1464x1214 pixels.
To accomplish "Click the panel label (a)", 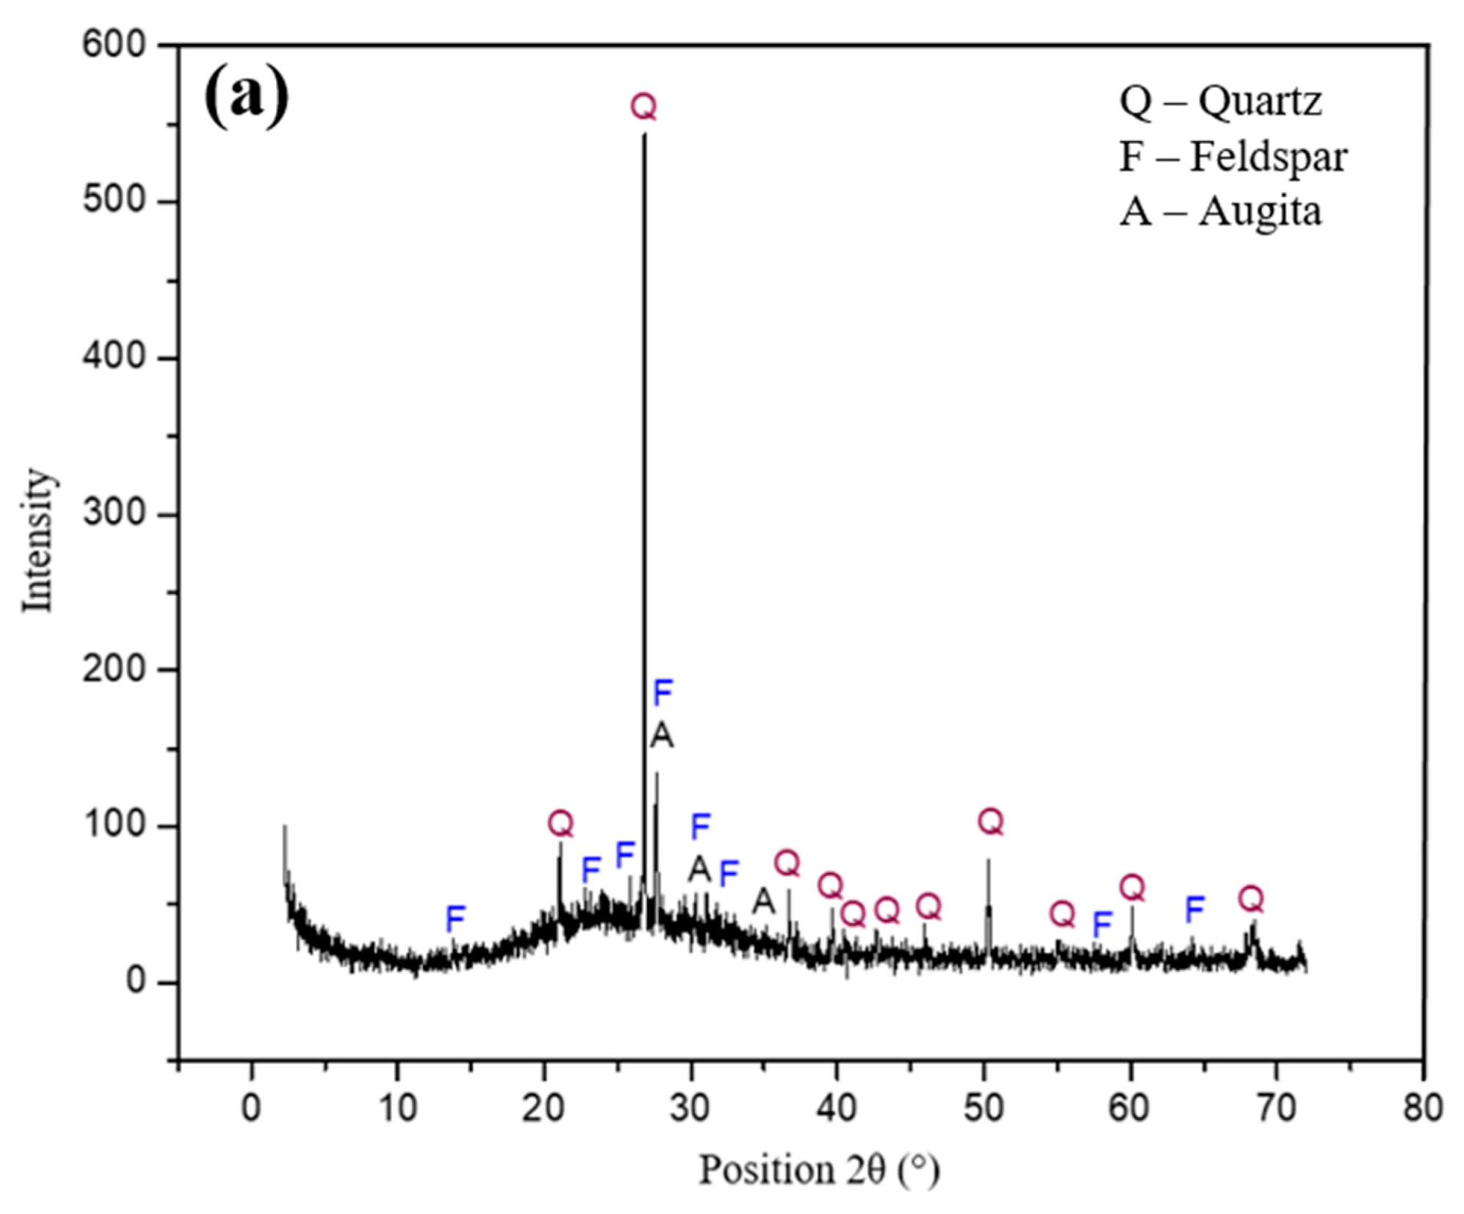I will [x=246, y=95].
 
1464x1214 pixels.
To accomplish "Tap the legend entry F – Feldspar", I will [x=1233, y=156].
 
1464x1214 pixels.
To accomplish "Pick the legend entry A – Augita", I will [x=1220, y=212].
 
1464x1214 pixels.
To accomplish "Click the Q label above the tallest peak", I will [x=643, y=107].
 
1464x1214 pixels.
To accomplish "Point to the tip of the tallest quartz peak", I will [x=644, y=135].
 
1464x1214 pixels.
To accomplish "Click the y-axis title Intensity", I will [x=37, y=540].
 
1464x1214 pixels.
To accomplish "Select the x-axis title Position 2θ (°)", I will [x=819, y=1169].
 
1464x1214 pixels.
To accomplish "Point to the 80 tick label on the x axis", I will [x=1422, y=1108].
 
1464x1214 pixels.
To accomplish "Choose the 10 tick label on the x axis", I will [x=397, y=1108].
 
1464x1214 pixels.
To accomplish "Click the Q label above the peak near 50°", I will [x=990, y=821].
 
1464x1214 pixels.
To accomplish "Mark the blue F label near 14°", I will [x=455, y=917].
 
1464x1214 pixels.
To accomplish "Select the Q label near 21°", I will [x=560, y=823].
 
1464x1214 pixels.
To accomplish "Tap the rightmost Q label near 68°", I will [x=1250, y=898].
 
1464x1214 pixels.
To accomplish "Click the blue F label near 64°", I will [x=1195, y=909].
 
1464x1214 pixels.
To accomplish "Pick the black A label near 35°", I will [x=763, y=900].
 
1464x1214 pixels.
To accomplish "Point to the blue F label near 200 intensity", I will [x=663, y=692].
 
